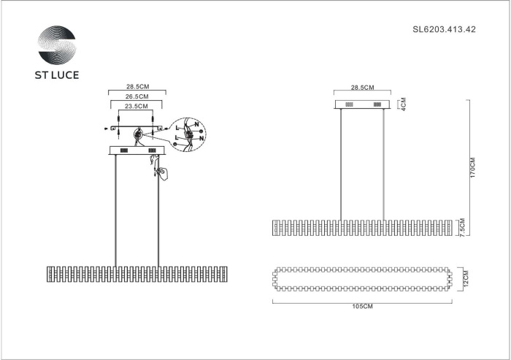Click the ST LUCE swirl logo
56,47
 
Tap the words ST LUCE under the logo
57,74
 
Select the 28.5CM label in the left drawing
137,87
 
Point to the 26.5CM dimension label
137,96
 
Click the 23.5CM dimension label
137,106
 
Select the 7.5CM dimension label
462,227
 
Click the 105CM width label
362,307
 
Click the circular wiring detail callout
188,136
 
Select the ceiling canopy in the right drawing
363,104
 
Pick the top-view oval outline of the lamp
362,277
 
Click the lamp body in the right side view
362,227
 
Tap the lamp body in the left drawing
137,275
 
